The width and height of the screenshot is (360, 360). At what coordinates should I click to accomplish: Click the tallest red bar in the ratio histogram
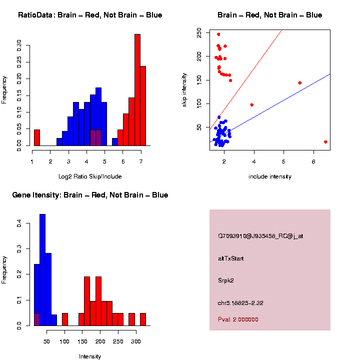[x=137, y=90]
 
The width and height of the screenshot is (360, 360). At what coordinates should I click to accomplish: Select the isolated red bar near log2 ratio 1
[x=36, y=137]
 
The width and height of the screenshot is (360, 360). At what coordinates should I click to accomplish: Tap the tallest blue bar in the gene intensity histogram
[x=42, y=270]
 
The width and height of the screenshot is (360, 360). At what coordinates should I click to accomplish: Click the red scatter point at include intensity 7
[x=299, y=83]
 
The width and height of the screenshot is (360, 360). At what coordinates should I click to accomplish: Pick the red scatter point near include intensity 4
[x=251, y=105]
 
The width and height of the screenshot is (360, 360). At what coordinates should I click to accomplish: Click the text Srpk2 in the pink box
[x=225, y=280]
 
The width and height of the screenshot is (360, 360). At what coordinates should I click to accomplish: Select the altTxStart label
[x=230, y=258]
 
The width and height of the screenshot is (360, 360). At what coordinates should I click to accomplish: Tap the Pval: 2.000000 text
[x=238, y=319]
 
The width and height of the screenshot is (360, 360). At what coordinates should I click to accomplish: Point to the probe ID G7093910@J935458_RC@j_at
[x=260, y=236]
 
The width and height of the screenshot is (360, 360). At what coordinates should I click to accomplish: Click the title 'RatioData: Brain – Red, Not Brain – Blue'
[x=90, y=15]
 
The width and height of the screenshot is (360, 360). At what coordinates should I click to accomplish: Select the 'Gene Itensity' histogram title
[x=90, y=195]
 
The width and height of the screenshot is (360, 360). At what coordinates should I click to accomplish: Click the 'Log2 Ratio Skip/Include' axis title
[x=90, y=176]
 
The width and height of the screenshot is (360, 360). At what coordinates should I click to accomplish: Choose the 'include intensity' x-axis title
[x=270, y=176]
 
